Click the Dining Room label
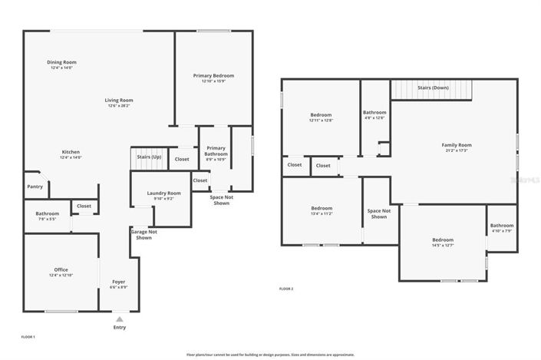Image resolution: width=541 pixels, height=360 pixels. tap(62, 62)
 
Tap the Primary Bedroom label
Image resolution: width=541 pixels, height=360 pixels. tap(213, 76)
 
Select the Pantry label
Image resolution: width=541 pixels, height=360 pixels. tap(35, 187)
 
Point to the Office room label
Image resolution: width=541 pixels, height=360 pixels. tap(61, 270)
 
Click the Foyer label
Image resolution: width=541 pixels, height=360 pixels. tap(119, 282)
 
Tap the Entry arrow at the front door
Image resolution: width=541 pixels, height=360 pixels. tap(119, 318)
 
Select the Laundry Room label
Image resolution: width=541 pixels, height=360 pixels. tap(163, 193)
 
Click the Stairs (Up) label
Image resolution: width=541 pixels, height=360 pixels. tap(149, 157)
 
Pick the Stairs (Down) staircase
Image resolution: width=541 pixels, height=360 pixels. tap(431, 91)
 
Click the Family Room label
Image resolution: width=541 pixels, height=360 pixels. tap(456, 145)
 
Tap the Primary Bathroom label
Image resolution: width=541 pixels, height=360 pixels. tap(216, 150)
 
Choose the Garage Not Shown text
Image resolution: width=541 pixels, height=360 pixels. tap(144, 234)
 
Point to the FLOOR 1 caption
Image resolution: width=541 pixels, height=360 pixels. tap(28, 337)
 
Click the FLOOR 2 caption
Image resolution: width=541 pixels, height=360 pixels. tap(286, 289)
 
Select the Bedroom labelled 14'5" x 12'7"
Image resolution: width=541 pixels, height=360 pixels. tap(442, 240)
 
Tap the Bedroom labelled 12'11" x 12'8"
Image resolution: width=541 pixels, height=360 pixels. tap(321, 115)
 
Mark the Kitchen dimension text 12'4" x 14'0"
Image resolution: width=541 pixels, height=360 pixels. tap(71, 157)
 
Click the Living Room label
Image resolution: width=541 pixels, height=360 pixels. tap(120, 100)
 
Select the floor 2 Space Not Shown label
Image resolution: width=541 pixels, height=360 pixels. tap(379, 213)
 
